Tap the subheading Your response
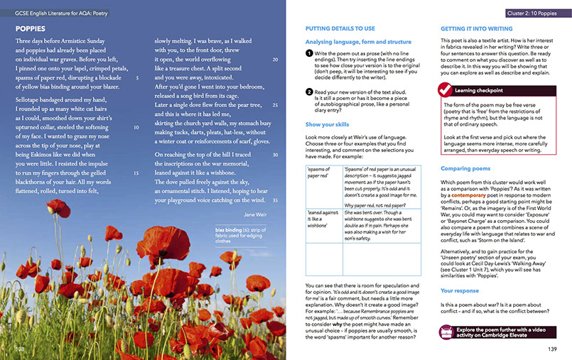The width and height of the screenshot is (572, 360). click(x=460, y=290)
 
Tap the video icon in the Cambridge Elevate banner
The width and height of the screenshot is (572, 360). click(x=447, y=331)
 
